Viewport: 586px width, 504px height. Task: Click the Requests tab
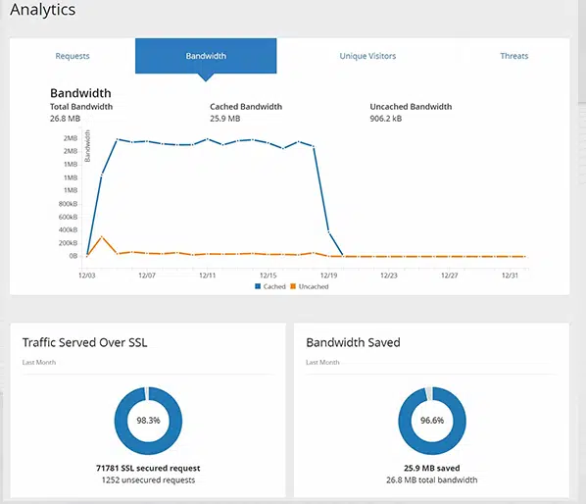coord(73,56)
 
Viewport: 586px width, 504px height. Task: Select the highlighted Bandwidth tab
coord(206,56)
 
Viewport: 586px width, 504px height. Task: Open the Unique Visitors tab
coord(367,56)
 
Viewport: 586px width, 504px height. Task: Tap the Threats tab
coord(513,56)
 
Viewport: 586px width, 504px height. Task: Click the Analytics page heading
coord(42,11)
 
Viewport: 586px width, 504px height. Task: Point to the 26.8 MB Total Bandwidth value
coord(64,118)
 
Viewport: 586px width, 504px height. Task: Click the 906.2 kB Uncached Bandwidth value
coord(386,118)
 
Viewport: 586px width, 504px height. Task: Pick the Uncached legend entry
coord(311,286)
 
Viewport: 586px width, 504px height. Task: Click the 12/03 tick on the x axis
coord(87,276)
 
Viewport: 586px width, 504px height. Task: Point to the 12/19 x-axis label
coord(328,276)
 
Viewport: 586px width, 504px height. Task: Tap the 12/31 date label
coord(510,276)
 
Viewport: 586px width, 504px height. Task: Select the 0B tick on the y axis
coord(73,256)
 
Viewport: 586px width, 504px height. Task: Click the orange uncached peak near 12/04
coord(102,237)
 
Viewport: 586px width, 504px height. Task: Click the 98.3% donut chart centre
coord(149,420)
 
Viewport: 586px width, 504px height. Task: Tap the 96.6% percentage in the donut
coord(432,420)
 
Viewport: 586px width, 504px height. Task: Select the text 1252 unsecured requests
coord(148,480)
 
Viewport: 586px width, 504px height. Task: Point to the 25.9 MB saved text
coord(431,469)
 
